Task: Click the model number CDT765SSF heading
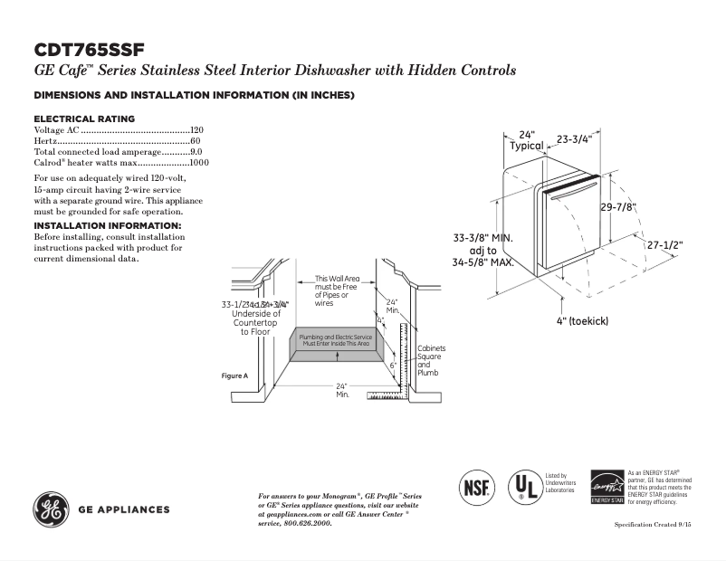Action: click(x=89, y=49)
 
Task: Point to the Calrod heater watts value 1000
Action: click(x=199, y=164)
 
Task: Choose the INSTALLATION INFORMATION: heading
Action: click(x=108, y=224)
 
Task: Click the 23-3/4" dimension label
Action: click(x=573, y=139)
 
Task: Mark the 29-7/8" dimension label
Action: click(x=618, y=207)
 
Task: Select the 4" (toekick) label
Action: click(x=582, y=321)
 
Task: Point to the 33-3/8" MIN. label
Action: click(x=483, y=238)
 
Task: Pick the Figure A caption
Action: click(x=234, y=375)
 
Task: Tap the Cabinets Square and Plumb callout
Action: click(x=430, y=360)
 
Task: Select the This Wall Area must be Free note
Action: click(x=337, y=290)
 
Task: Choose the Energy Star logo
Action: click(x=607, y=486)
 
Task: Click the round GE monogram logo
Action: click(x=52, y=509)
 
